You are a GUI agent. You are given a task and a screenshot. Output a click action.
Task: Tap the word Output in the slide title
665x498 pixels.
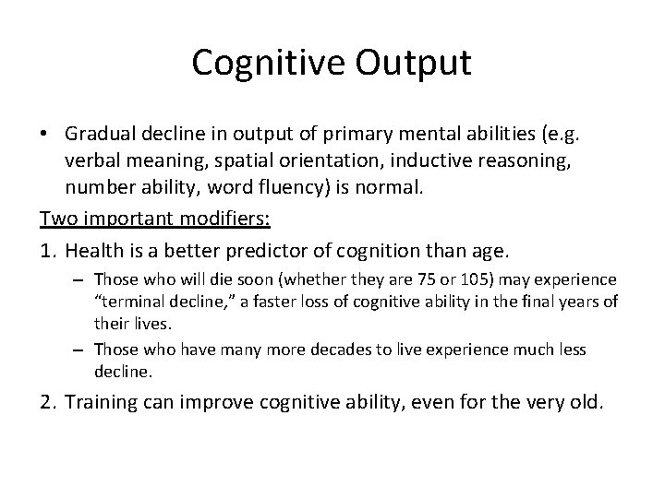pyautogui.click(x=412, y=64)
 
